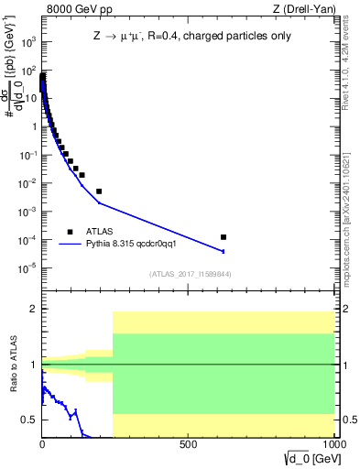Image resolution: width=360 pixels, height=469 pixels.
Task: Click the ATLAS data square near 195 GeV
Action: (99, 191)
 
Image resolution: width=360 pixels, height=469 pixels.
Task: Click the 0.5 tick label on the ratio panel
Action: (27, 420)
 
